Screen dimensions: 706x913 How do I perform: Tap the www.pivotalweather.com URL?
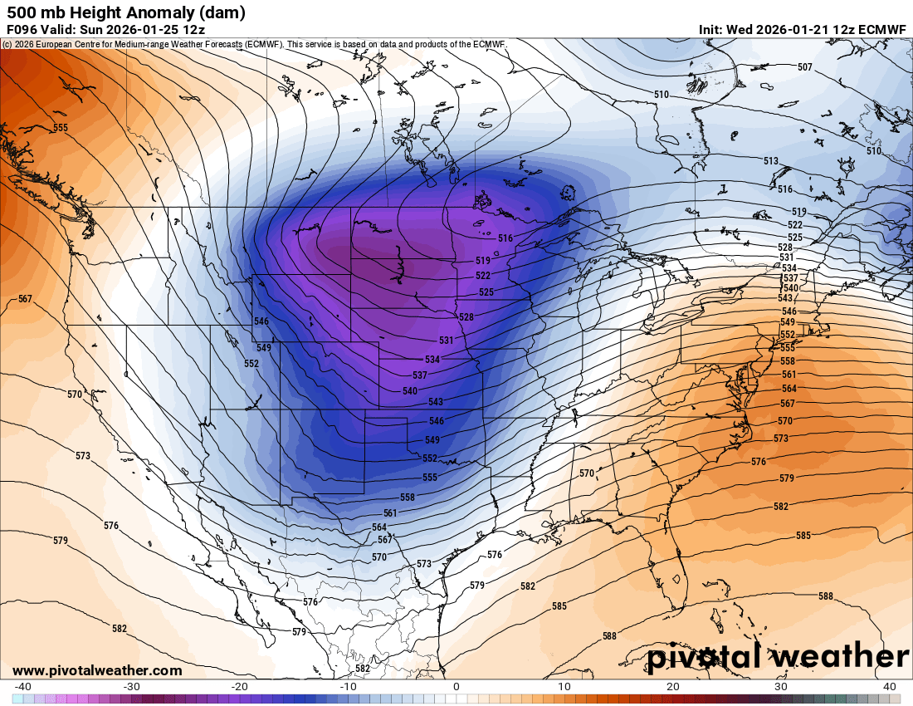pyautogui.click(x=97, y=670)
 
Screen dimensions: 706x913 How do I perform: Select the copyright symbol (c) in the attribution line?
pyautogui.click(x=7, y=44)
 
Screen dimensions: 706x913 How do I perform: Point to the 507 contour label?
pyautogui.click(x=804, y=66)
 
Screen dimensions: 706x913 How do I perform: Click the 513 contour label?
pyautogui.click(x=771, y=160)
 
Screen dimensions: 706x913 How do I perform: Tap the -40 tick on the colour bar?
pyautogui.click(x=23, y=686)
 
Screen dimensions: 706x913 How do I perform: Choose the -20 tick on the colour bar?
pyautogui.click(x=240, y=686)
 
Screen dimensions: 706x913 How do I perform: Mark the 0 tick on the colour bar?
pyautogui.click(x=456, y=686)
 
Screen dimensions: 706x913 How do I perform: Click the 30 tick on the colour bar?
pyautogui.click(x=781, y=686)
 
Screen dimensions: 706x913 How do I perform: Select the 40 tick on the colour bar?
pyautogui.click(x=889, y=686)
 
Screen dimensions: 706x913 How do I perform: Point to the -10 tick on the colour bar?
pyautogui.click(x=349, y=686)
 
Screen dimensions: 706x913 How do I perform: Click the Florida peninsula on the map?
pyautogui.click(x=674, y=565)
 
